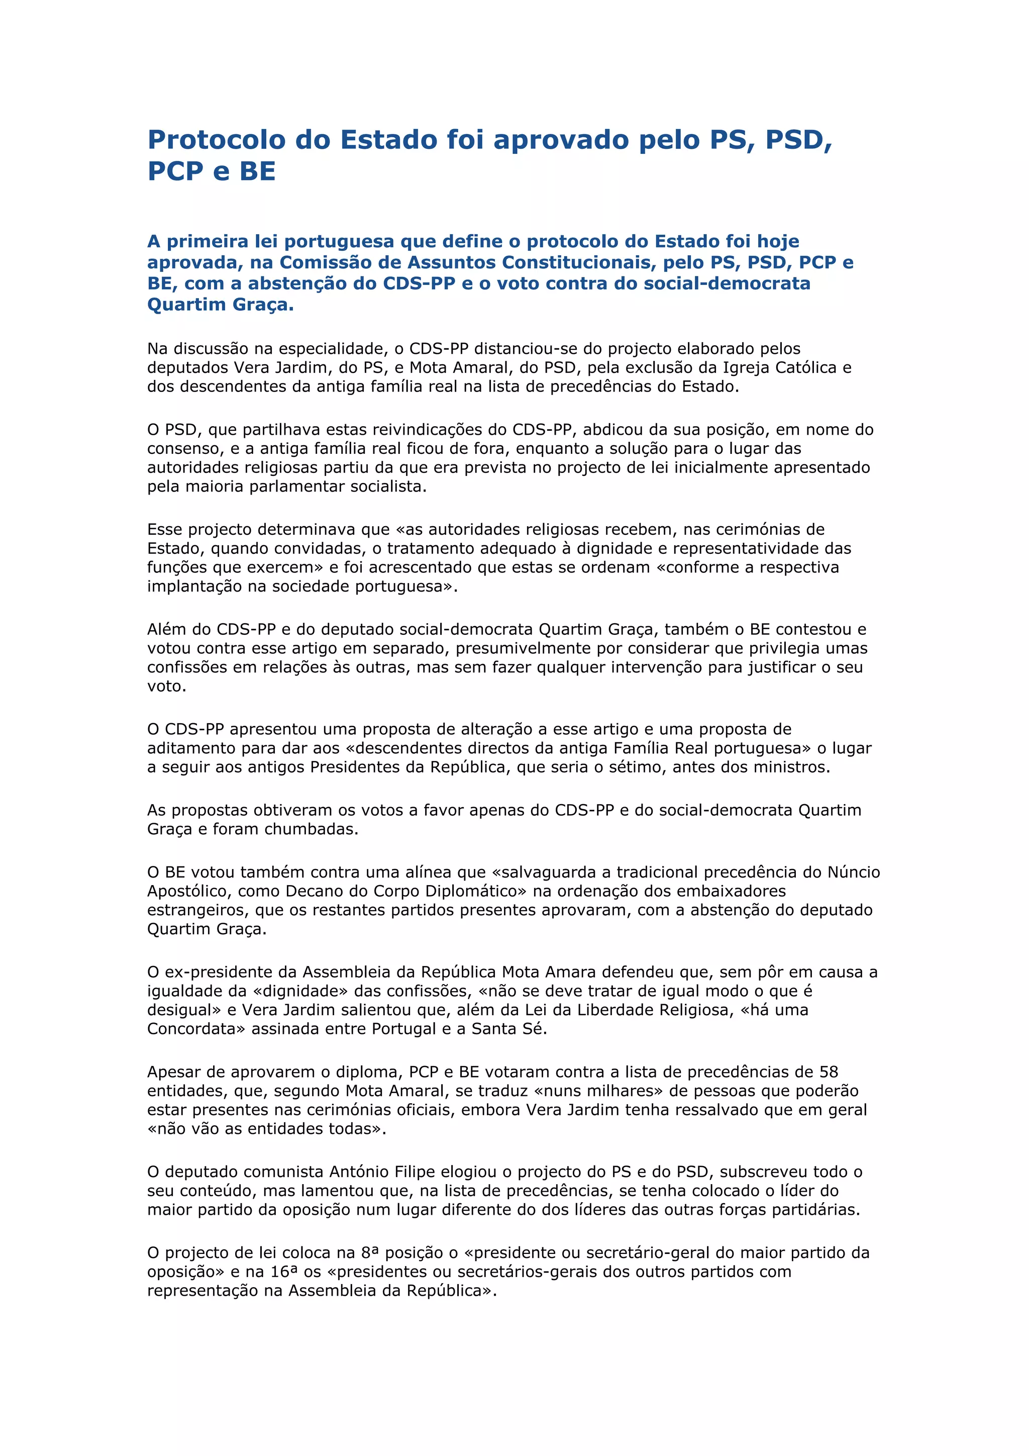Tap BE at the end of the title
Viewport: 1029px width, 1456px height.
point(257,171)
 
